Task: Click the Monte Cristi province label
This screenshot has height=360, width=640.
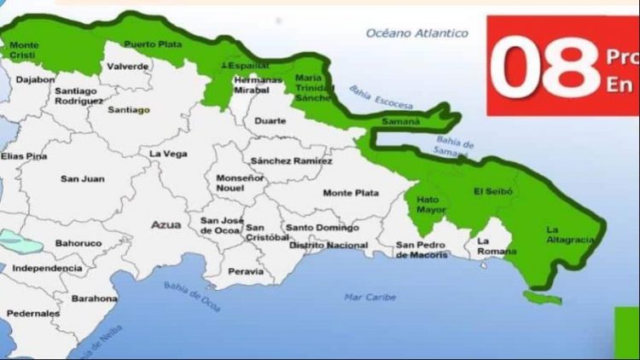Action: (x=24, y=49)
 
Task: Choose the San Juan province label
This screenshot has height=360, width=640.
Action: (x=82, y=178)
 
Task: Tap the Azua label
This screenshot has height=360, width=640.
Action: (x=166, y=224)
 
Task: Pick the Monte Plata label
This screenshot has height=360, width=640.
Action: (x=351, y=193)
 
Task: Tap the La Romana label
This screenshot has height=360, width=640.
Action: (x=497, y=247)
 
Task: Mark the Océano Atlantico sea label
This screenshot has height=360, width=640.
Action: (x=417, y=33)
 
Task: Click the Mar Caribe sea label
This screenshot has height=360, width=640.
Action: (x=369, y=297)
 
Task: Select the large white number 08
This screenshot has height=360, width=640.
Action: (x=545, y=69)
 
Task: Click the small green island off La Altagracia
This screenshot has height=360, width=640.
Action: (x=542, y=297)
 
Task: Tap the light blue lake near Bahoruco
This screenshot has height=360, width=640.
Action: (x=20, y=241)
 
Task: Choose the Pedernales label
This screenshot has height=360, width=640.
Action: (x=32, y=314)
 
